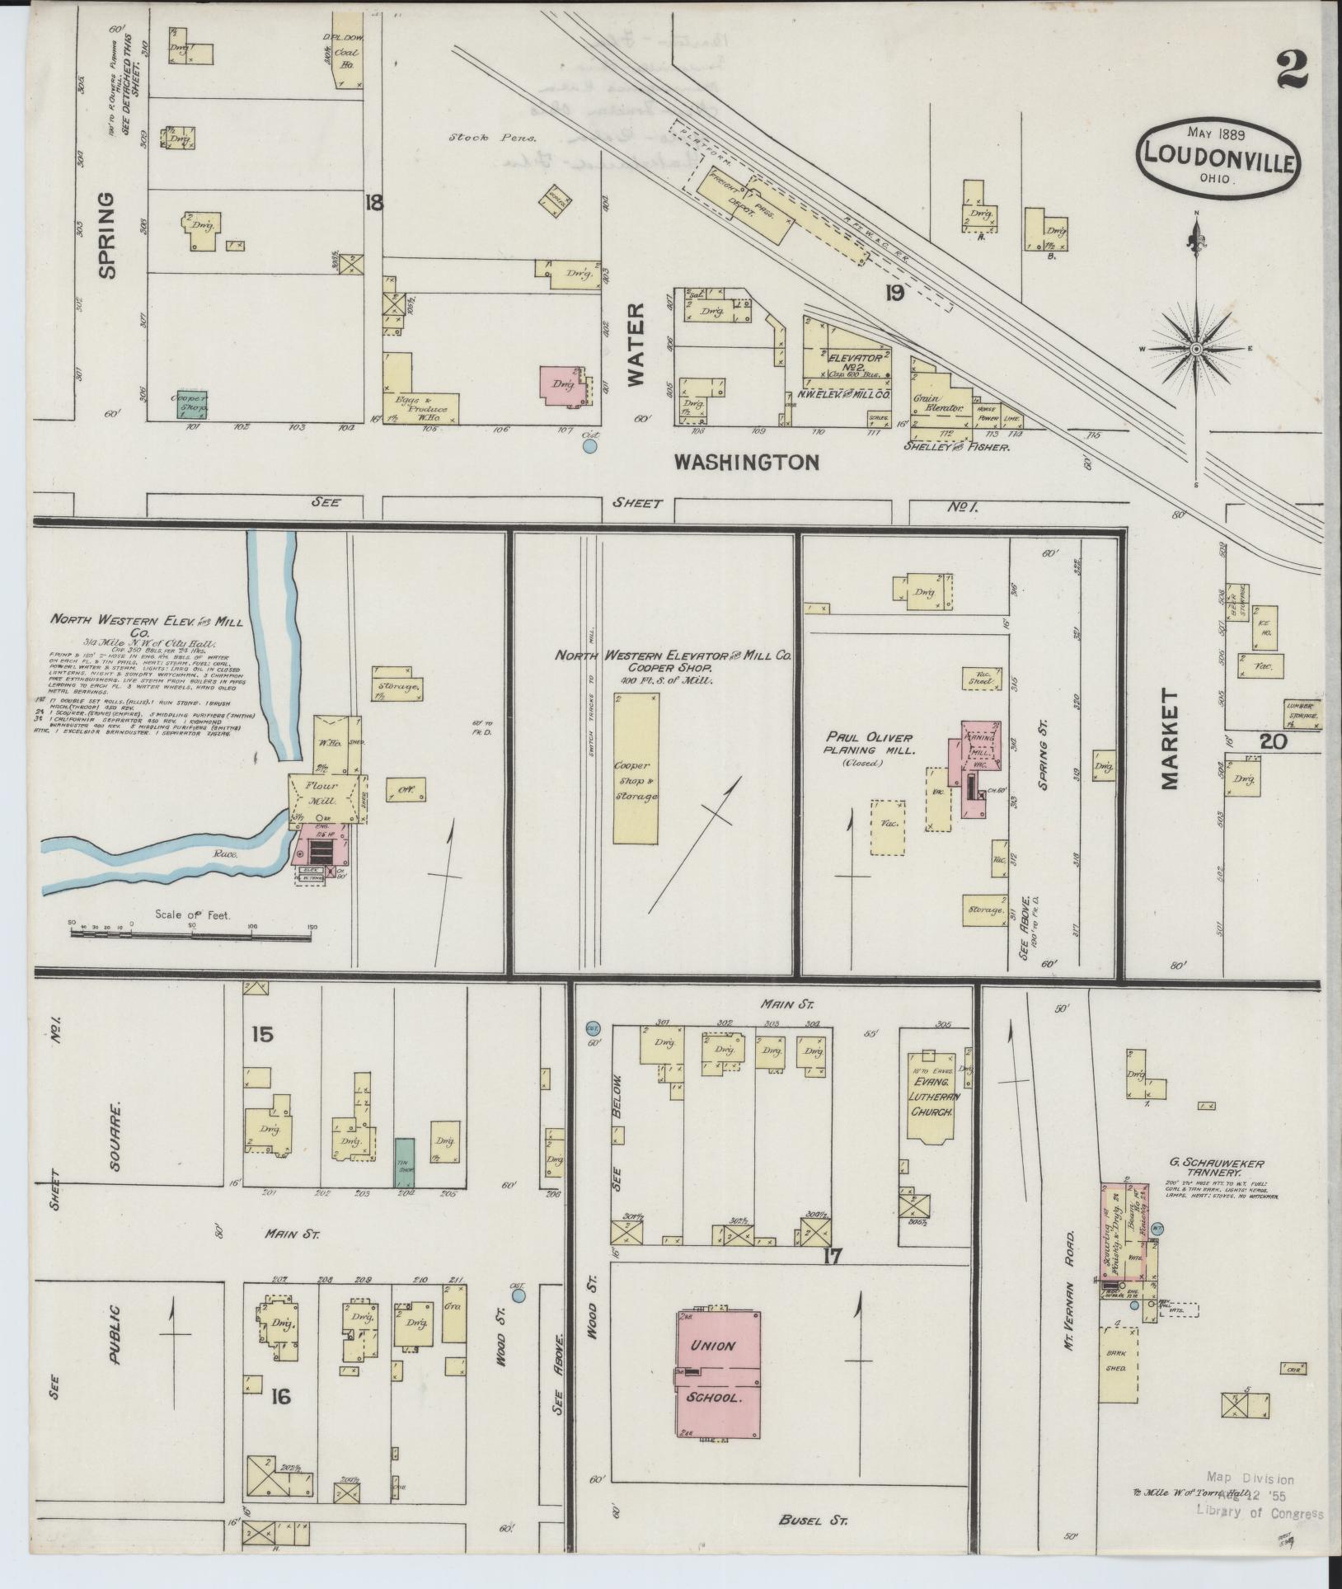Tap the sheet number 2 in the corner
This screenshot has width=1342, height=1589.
(x=1291, y=71)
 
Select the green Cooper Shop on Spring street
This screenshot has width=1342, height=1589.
(x=193, y=404)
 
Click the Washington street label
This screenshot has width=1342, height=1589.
(x=746, y=462)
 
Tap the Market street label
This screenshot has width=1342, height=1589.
(x=1170, y=739)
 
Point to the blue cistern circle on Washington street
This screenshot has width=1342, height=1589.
(x=589, y=446)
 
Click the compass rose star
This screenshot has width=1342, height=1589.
(x=1195, y=348)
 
